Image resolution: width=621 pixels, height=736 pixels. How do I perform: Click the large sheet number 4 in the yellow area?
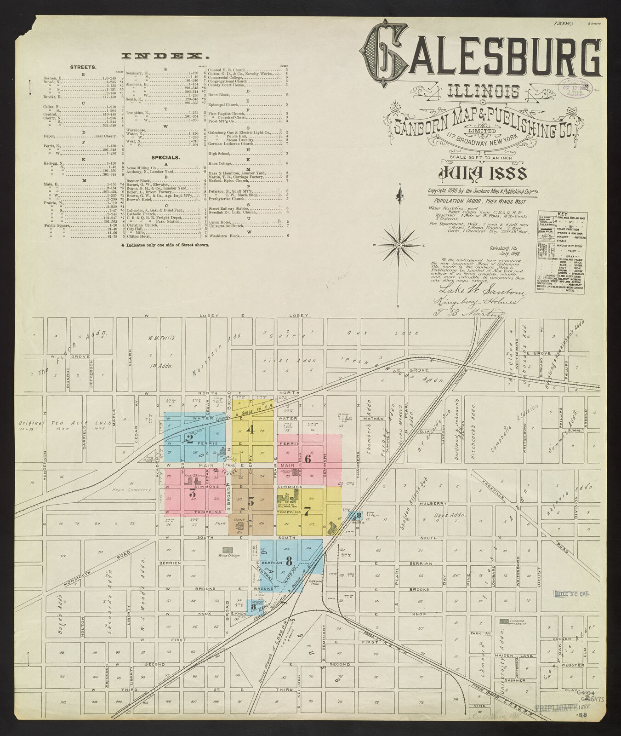pos(251,430)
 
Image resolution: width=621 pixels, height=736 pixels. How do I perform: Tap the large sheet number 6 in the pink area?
pos(308,459)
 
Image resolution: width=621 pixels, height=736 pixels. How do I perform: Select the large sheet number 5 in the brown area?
pos(251,501)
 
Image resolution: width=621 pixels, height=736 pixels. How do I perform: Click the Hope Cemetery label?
pos(125,490)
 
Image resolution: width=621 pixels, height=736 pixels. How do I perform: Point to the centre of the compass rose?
pos(399,246)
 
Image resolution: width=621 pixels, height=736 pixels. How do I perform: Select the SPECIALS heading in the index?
pos(165,157)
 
